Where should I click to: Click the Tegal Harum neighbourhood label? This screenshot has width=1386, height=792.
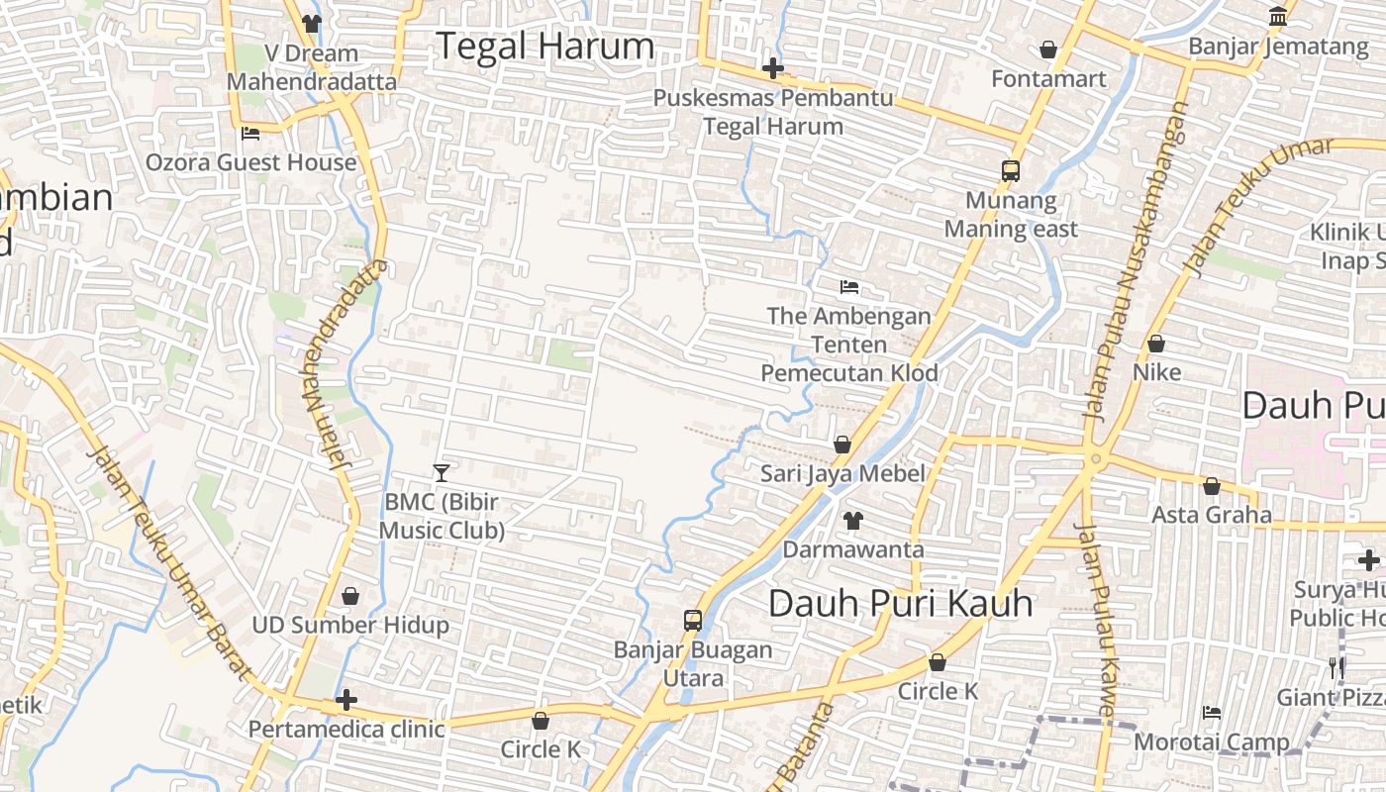[x=544, y=47]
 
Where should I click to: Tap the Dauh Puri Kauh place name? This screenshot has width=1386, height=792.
[x=900, y=603]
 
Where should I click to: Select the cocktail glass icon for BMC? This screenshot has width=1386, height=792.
[x=442, y=473]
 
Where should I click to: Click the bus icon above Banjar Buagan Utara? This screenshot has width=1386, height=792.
[x=693, y=621]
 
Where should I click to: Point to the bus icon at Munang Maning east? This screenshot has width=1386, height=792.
[x=1010, y=170]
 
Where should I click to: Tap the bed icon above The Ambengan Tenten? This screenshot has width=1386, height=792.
[x=848, y=287]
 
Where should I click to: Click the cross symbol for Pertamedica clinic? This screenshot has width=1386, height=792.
[x=346, y=701]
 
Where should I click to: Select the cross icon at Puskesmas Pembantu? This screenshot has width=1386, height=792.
[x=773, y=68]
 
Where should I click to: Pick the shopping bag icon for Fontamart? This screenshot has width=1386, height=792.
[x=1048, y=49]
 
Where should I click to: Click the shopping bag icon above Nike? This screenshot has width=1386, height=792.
[x=1155, y=344]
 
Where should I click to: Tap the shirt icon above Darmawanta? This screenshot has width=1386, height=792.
[x=852, y=520]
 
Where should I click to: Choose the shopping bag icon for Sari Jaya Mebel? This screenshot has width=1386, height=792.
[x=842, y=445]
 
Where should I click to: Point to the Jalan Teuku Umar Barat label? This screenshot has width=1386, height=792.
[x=168, y=564]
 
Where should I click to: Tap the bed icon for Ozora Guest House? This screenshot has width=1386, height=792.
[x=250, y=134]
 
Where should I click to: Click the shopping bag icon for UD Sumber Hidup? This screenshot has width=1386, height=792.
[x=349, y=596]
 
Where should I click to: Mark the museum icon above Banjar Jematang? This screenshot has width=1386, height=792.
[x=1277, y=17]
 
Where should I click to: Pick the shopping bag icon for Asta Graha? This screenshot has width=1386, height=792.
[x=1211, y=486]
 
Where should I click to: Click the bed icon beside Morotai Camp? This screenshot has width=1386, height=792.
[x=1211, y=713]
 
